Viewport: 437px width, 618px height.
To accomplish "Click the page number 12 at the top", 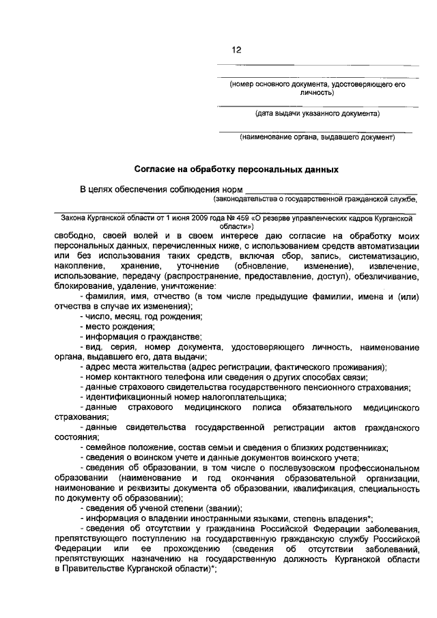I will pos(236,50).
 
